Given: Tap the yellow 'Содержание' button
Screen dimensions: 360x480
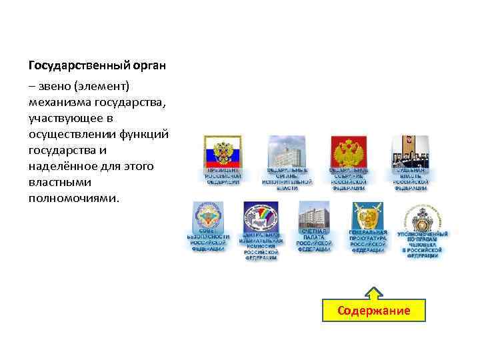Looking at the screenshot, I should (373, 311).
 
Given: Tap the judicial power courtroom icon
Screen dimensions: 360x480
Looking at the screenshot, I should (409, 152).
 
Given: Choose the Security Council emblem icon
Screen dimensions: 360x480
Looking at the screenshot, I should (207, 217).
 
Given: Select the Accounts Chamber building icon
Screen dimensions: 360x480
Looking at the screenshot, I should (313, 217).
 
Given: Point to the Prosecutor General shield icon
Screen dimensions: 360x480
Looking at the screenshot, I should (367, 217).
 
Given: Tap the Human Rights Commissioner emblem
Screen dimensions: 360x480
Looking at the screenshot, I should (422, 217).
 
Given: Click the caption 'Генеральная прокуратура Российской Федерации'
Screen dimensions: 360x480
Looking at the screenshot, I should (367, 241).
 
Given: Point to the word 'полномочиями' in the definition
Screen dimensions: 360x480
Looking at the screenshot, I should (73, 199).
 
